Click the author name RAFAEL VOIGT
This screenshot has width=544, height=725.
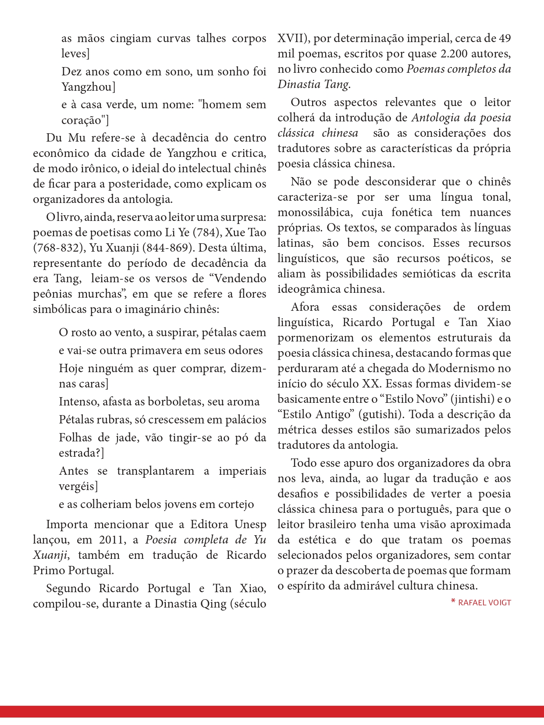pos(484,603)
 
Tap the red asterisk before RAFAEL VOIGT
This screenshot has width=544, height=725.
pos(453,602)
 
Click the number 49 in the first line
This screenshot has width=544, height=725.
pos(505,39)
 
